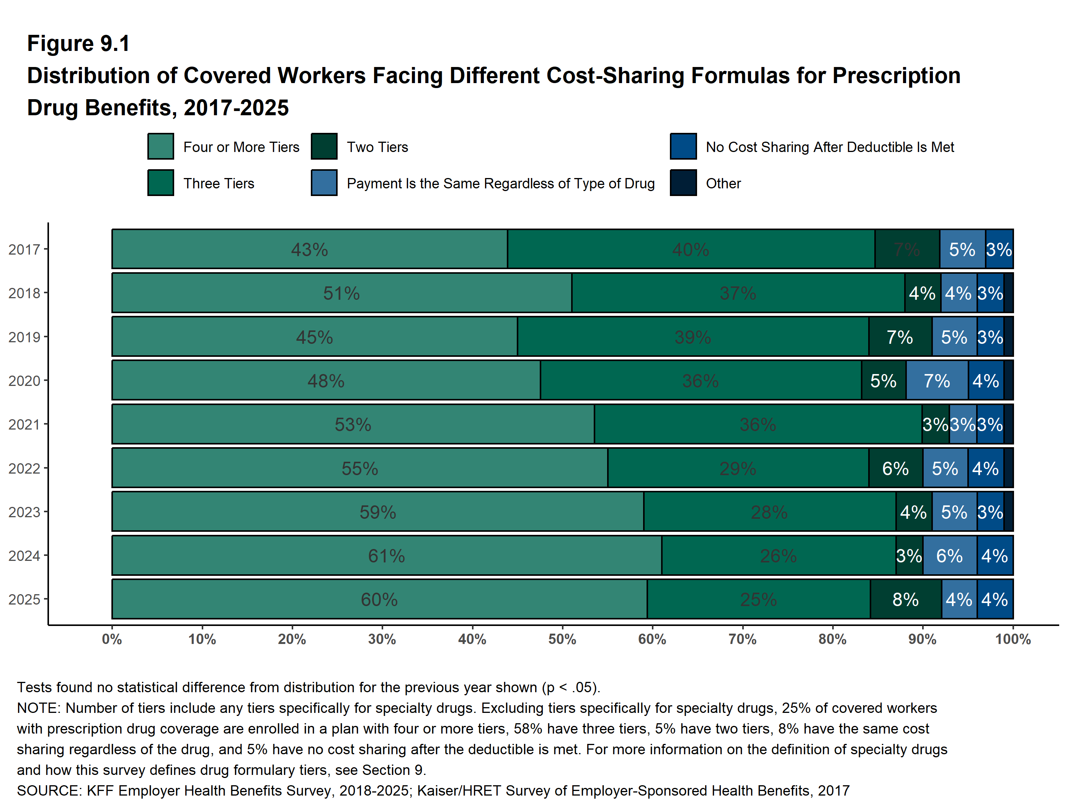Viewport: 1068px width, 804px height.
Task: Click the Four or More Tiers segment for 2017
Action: point(309,249)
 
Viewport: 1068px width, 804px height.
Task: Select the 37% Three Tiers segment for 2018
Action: point(738,293)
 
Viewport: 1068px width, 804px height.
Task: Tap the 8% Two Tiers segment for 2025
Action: point(905,599)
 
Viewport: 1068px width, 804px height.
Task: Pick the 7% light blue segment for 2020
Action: point(937,381)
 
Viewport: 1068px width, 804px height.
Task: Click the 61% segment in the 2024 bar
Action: point(386,556)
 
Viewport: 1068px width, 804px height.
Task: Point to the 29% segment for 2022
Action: point(738,468)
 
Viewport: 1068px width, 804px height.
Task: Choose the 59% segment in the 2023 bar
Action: point(377,512)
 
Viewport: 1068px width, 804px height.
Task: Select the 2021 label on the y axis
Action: point(24,425)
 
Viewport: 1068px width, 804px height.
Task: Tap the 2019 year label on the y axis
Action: point(24,337)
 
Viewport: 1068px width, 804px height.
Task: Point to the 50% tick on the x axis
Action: point(562,639)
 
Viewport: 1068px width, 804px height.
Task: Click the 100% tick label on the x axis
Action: point(1012,639)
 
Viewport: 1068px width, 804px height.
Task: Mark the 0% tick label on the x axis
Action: point(112,639)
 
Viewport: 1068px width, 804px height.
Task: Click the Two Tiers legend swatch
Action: point(324,146)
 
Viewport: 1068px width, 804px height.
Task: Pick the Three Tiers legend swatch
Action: point(161,183)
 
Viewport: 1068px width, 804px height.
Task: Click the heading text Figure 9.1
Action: point(78,44)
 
